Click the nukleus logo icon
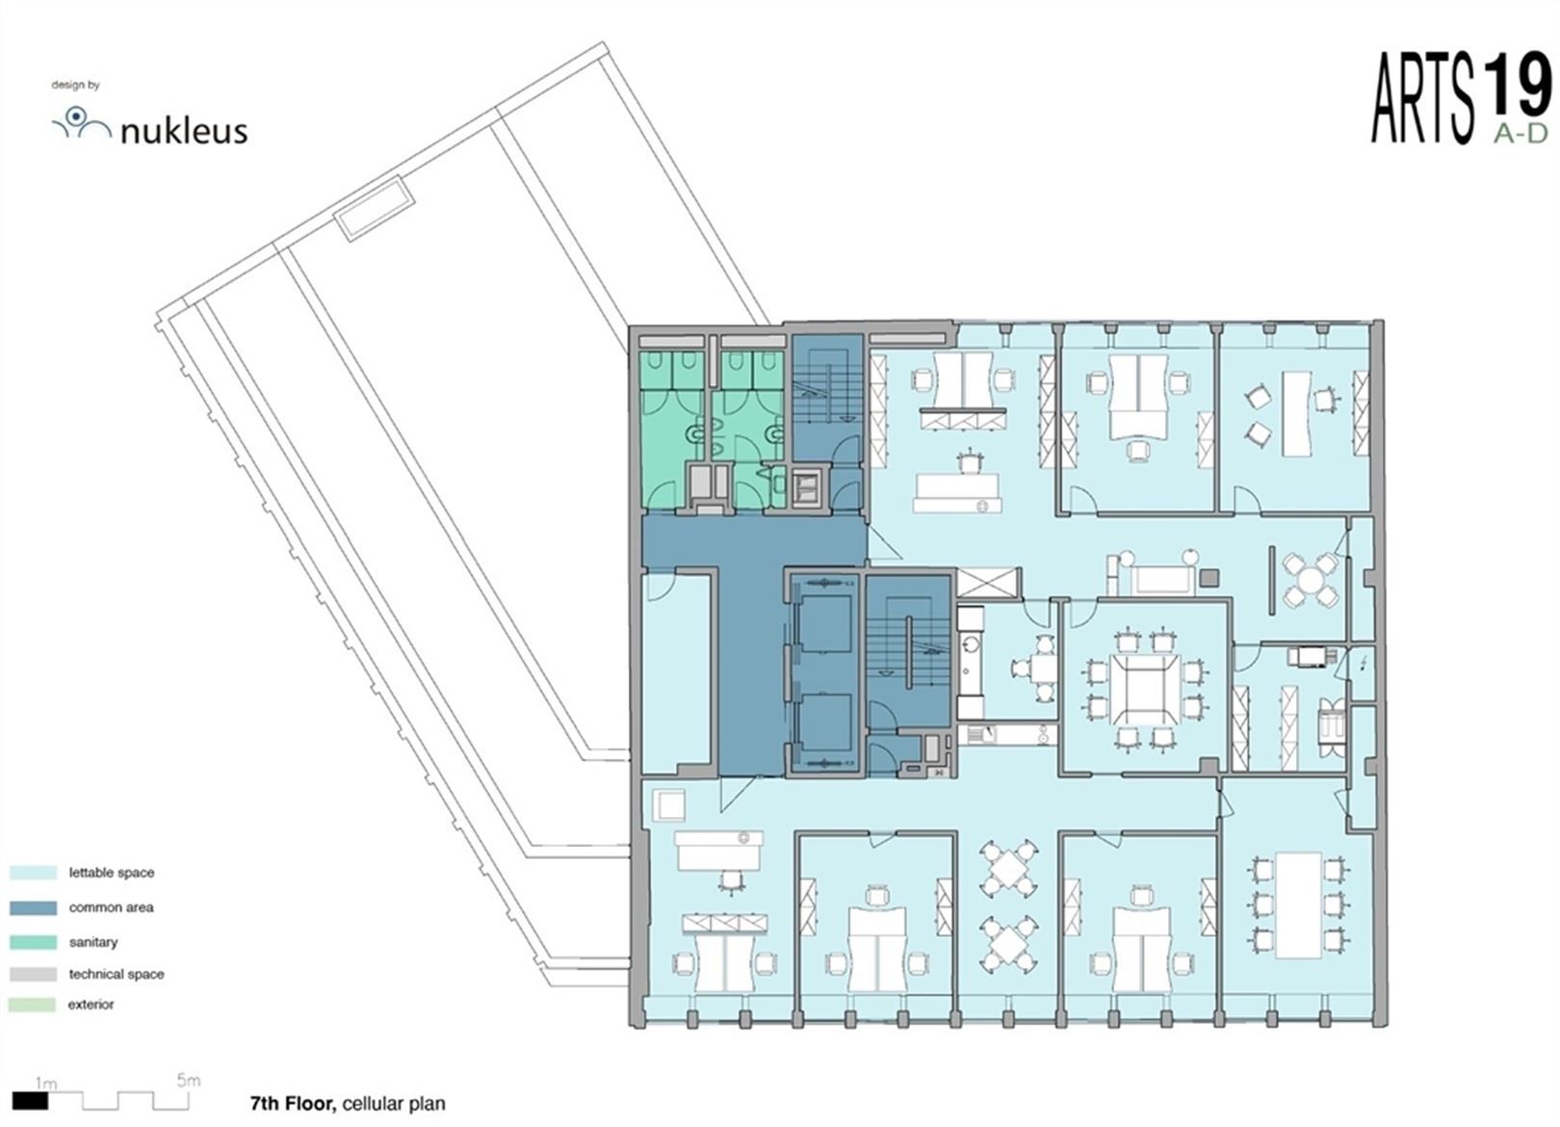pos(81,122)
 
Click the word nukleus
pos(184,131)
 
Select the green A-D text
pos(1521,133)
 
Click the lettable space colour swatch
pos(33,873)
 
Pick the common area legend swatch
pos(33,907)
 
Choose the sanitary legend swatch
pos(33,942)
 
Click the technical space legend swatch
pos(33,975)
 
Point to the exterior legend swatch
pos(33,1005)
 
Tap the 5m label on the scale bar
pos(188,1081)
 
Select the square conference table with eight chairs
pos(1144,689)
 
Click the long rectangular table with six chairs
pos(1299,905)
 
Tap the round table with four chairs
pos(1310,579)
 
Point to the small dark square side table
pos(1210,577)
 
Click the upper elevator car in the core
pos(824,624)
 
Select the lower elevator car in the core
pos(824,721)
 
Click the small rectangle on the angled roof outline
pos(374,209)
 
